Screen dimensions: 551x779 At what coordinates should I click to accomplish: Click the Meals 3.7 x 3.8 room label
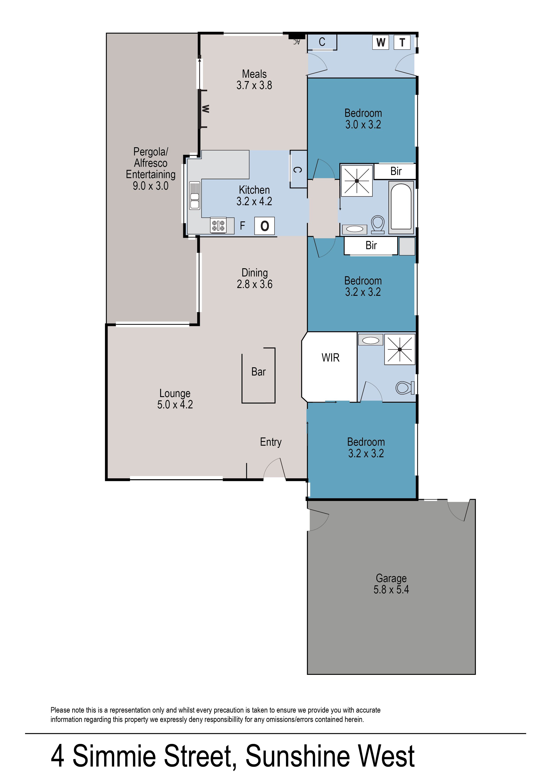(254, 79)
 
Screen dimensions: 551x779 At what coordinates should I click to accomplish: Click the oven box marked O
(264, 226)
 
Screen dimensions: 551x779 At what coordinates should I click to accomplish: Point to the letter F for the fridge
(242, 225)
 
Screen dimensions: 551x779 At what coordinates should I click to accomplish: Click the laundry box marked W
(381, 42)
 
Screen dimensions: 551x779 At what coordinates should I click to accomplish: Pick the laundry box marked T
(402, 42)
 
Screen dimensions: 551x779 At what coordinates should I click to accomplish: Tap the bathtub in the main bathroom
(401, 207)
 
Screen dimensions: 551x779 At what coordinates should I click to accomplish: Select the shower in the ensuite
(400, 350)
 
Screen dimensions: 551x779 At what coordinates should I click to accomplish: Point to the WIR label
(331, 358)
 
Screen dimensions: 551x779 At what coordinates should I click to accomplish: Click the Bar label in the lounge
(259, 372)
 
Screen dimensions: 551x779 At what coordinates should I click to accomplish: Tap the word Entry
(271, 442)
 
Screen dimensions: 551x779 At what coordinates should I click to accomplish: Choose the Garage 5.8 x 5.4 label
(391, 584)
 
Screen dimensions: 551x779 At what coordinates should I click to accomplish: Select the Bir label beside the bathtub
(396, 171)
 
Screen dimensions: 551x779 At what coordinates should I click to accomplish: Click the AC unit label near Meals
(297, 42)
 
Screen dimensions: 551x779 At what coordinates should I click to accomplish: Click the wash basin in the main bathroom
(354, 229)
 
